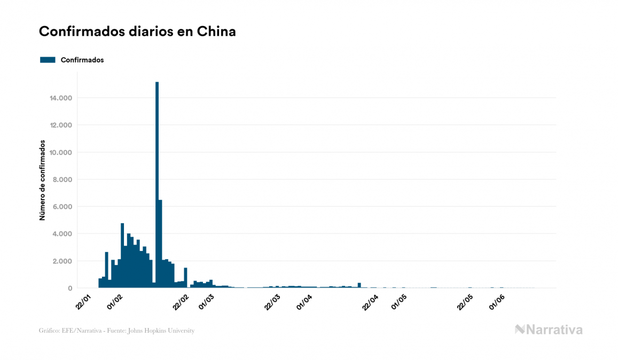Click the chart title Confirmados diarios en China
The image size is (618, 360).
click(x=137, y=32)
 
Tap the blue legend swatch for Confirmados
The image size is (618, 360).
click(x=48, y=60)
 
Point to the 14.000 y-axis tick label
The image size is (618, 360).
click(x=61, y=98)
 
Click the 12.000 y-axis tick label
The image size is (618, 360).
click(x=61, y=126)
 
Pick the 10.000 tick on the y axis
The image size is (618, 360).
click(x=61, y=153)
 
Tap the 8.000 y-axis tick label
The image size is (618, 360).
click(x=63, y=180)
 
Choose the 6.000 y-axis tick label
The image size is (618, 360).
click(x=63, y=207)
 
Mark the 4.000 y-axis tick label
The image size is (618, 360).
click(x=63, y=234)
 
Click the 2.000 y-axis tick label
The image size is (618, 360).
click(x=63, y=261)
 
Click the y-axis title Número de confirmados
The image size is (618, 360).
click(x=42, y=181)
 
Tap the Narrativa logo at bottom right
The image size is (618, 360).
click(x=549, y=330)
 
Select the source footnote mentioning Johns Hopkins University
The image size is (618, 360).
click(x=116, y=331)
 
